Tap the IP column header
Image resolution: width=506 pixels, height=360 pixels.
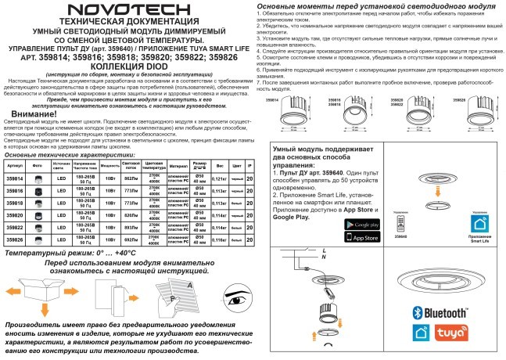click(249, 167)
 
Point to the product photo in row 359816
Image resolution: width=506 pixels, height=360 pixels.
click(37, 191)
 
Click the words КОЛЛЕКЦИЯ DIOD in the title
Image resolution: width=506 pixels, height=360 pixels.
click(128, 66)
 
